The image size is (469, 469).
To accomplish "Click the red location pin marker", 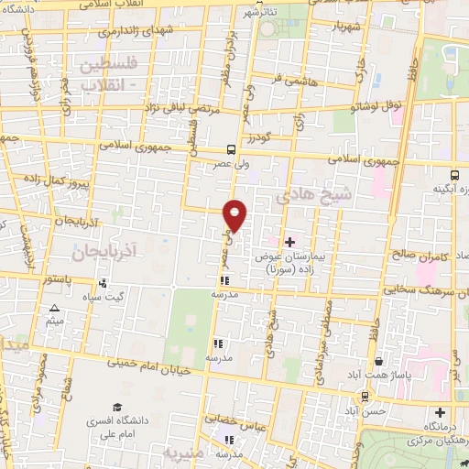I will tap(236, 215).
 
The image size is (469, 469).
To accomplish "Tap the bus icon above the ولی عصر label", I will tap(231, 150).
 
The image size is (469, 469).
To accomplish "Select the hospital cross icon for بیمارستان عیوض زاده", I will tap(290, 242).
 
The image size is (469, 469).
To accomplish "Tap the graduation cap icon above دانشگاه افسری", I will tap(117, 407).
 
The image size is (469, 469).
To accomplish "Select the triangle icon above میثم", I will tap(55, 309).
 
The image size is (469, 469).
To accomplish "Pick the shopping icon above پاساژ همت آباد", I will tap(378, 362).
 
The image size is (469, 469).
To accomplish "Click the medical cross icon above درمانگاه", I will tap(441, 413).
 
